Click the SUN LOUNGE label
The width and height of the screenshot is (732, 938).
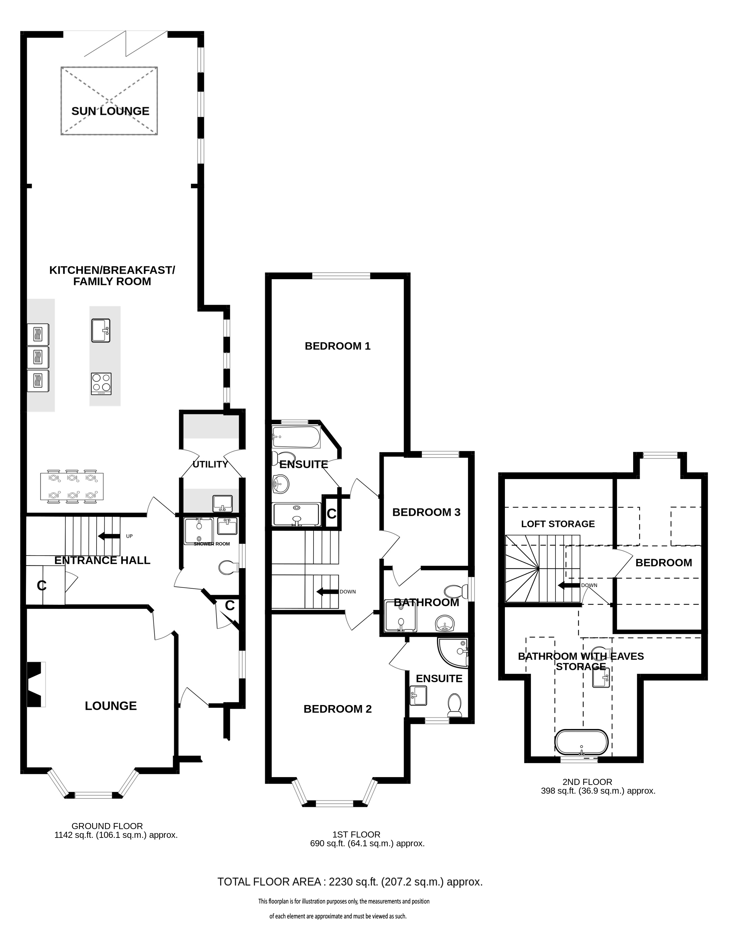tap(110, 111)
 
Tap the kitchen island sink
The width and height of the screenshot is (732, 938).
tap(101, 331)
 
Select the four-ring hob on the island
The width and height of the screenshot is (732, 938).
tap(101, 384)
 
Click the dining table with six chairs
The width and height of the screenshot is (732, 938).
tap(72, 487)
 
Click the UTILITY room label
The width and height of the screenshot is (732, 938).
tap(210, 464)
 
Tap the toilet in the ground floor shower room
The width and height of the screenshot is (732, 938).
tap(228, 568)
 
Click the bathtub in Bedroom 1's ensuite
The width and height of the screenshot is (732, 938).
tap(296, 437)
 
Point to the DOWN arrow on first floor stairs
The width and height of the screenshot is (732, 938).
tap(328, 591)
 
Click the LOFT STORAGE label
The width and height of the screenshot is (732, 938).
tap(558, 524)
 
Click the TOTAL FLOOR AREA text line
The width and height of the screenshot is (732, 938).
tap(350, 882)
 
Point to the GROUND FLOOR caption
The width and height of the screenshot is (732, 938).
tap(107, 826)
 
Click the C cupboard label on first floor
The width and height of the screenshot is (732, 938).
tap(331, 514)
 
